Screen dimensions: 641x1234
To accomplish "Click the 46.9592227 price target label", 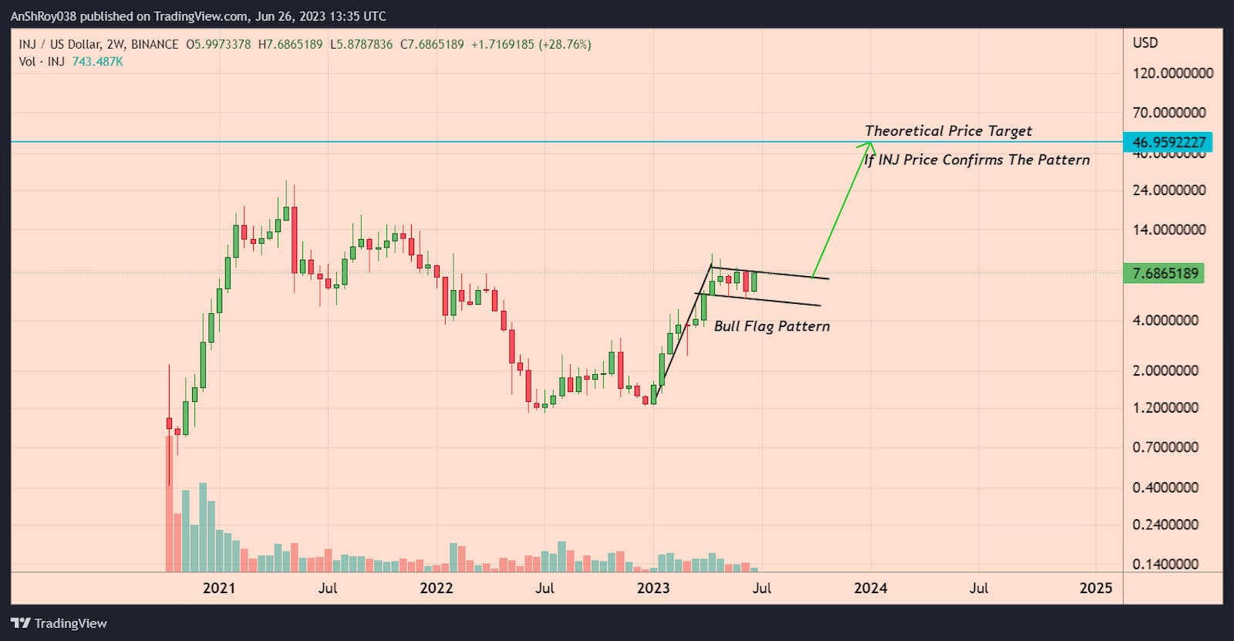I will (1168, 143).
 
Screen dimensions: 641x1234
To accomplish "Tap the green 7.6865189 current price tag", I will (1165, 273).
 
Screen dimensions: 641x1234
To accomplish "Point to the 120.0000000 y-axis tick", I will (1172, 73).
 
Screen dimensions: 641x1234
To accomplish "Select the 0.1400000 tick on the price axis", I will (1165, 564).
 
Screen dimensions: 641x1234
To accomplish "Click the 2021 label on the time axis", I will (219, 589).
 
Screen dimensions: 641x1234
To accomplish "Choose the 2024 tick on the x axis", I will (870, 589).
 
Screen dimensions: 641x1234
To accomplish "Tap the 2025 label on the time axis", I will (1096, 589).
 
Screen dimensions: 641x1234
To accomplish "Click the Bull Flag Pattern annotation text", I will (772, 326).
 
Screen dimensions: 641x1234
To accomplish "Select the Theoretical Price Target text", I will (948, 131).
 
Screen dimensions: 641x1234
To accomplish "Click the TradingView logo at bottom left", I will (59, 623).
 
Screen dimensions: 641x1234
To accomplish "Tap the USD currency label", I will (1145, 43).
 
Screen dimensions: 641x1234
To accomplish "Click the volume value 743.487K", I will (97, 62).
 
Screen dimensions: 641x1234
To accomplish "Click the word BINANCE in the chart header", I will (154, 45).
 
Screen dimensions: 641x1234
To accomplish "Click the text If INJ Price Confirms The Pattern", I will (977, 160).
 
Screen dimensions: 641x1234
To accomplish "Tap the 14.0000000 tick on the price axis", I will (1168, 230).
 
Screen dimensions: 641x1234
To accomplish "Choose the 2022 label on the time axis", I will (437, 589).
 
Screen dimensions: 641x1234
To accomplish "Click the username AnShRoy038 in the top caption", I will (43, 16).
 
